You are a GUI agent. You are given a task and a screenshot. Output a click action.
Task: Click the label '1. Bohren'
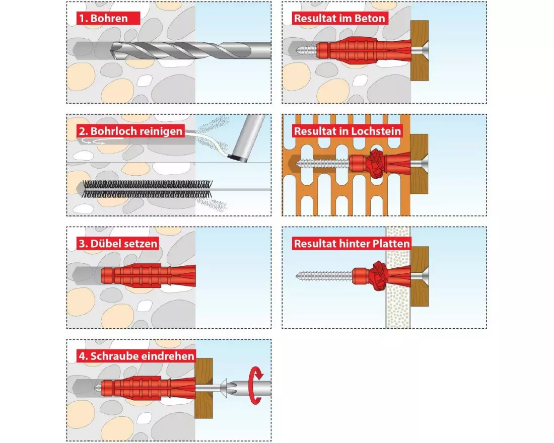coord(102,19)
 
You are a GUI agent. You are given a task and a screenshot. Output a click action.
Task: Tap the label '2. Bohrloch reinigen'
coord(130,131)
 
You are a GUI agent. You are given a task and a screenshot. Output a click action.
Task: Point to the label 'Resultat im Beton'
coord(340,19)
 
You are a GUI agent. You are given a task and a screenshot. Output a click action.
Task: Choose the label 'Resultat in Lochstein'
coord(348,131)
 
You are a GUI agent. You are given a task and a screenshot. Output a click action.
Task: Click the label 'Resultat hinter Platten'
coord(352,244)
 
